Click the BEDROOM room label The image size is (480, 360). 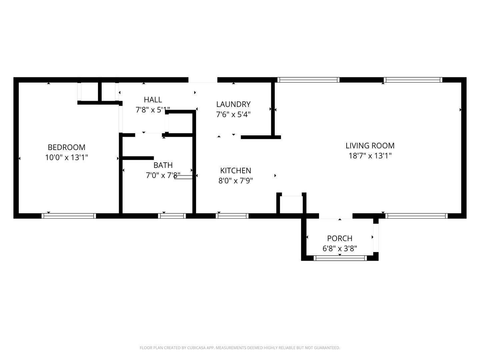click(x=66, y=147)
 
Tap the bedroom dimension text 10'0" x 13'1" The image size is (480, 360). click(x=66, y=157)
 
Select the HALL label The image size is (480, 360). click(x=153, y=100)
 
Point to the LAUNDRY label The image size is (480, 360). click(x=233, y=104)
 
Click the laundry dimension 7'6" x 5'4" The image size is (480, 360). click(x=233, y=114)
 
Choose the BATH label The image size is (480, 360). click(x=163, y=165)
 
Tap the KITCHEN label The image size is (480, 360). click(x=236, y=170)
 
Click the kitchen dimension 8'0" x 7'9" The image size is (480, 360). click(x=236, y=181)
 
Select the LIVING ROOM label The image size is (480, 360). click(x=370, y=146)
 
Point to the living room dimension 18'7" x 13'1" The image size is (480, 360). click(x=370, y=156)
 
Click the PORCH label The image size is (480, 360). click(x=340, y=238)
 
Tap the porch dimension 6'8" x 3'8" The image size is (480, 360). click(x=340, y=249)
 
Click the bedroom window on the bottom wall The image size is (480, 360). click(x=69, y=216)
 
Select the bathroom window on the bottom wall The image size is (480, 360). click(x=172, y=216)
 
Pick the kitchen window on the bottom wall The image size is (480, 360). click(x=232, y=216)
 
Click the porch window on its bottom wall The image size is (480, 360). click(x=340, y=258)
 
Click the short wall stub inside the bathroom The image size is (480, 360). click(x=138, y=158)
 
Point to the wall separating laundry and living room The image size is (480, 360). click(x=273, y=109)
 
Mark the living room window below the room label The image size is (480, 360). click(x=416, y=216)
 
